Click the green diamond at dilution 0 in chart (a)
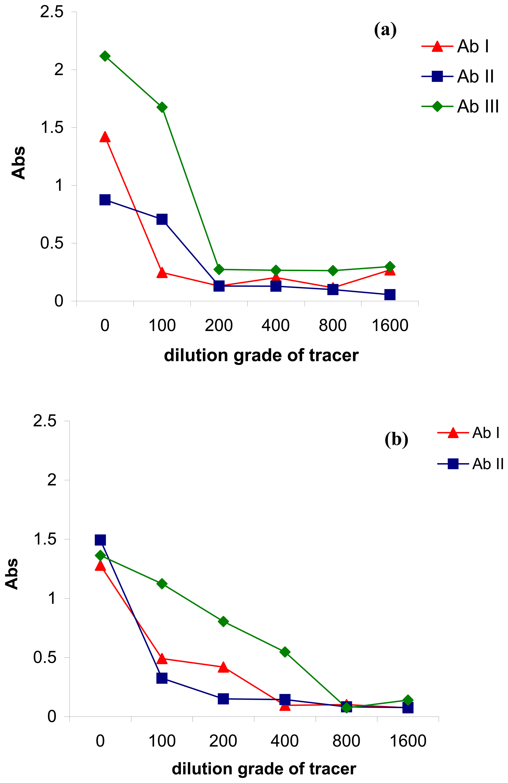pos(105,56)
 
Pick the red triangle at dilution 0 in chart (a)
pos(105,137)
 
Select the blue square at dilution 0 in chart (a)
pos(105,200)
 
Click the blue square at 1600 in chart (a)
pos(390,294)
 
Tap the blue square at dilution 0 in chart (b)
pos(100,540)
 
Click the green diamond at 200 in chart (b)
pos(223,621)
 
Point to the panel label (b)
pos(396,440)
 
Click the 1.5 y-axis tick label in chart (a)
pos(52,128)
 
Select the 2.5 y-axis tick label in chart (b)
pos(45,421)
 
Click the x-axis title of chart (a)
pos(261,356)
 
